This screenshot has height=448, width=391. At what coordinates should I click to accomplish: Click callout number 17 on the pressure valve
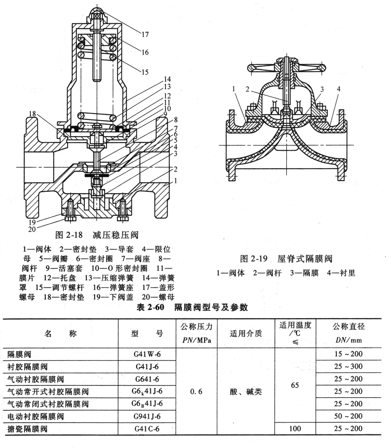145,34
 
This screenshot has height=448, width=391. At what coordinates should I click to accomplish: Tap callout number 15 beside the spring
145,72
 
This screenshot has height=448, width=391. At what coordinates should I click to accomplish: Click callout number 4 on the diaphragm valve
339,89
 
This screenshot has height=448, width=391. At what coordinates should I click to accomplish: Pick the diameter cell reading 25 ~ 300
348,367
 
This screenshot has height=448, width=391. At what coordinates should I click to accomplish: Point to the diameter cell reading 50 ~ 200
348,416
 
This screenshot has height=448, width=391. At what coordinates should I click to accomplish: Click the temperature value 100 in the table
295,428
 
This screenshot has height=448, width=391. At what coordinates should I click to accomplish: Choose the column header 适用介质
246,333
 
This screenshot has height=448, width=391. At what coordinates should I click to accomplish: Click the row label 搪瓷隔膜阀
27,428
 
